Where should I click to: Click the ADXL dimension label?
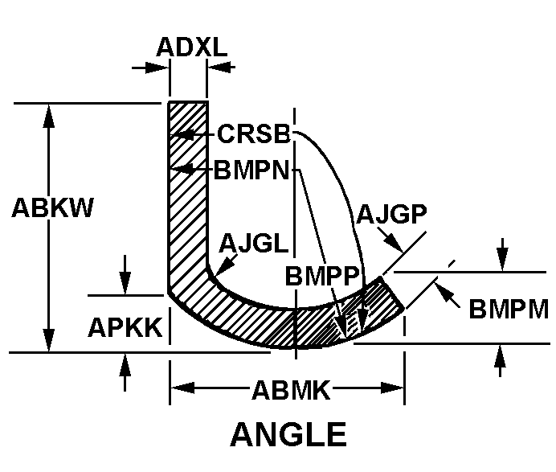click(190, 47)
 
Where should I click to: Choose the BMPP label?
click(321, 274)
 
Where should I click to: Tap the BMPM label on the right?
click(509, 309)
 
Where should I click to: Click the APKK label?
click(125, 327)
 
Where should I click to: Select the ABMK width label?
click(291, 391)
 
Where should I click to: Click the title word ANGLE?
click(288, 435)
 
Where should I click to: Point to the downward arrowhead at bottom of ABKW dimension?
click(50, 341)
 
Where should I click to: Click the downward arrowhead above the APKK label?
click(125, 285)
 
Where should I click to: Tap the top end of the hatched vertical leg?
click(188, 104)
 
